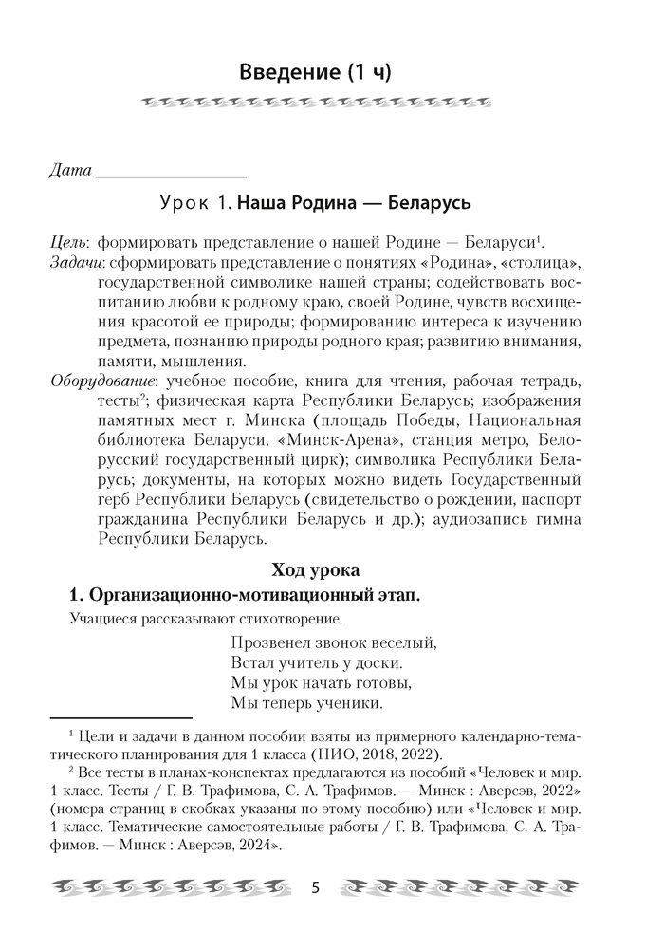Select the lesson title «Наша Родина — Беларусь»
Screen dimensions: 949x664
(354, 203)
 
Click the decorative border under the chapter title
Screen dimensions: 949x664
(328, 102)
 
